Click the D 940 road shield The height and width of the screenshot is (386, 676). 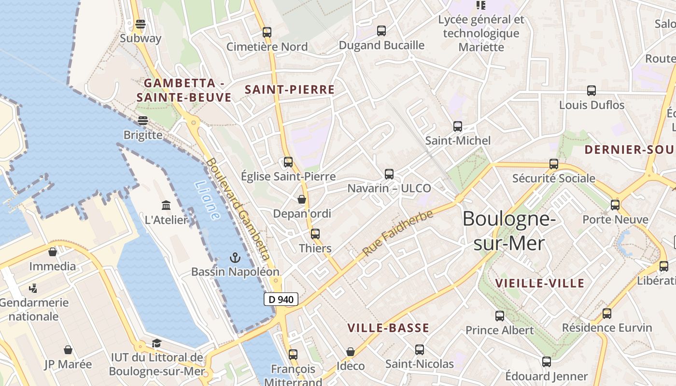281,299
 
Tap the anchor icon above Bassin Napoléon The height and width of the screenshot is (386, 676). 235,257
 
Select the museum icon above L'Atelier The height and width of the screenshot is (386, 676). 166,205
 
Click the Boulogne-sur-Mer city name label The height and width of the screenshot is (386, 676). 509,231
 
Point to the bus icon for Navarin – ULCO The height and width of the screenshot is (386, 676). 389,174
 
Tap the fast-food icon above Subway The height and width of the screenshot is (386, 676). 141,24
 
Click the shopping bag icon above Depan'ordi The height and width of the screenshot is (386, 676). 302,199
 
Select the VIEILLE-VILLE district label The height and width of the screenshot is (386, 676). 540,283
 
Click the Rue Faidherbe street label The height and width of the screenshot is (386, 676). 397,233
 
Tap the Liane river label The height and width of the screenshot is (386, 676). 208,200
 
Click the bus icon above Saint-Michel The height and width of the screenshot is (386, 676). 458,126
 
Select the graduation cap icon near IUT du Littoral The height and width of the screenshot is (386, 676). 156,343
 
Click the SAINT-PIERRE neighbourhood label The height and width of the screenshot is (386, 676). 290,89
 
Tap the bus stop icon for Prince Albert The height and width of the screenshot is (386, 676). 500,316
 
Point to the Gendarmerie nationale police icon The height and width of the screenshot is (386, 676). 33,289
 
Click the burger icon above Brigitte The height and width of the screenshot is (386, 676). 142,120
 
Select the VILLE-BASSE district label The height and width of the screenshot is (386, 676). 388,328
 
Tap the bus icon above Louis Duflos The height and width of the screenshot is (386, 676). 591,91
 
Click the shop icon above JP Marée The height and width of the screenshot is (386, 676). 68,350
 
